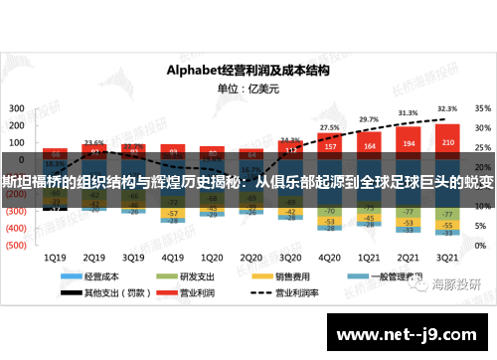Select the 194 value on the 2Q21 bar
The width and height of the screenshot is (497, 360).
pos(409,145)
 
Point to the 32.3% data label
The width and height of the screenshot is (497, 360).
pos(447,109)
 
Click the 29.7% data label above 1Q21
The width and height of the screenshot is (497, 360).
pos(369,119)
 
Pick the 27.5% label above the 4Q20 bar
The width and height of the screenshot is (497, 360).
pos(330,127)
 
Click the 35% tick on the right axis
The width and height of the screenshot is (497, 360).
pos(482,107)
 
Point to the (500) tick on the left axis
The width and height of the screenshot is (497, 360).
pos(17,244)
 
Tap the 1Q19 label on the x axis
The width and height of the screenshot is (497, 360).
pos(56,256)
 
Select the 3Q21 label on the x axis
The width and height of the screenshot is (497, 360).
pos(447,256)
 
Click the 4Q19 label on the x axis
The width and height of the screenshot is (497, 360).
pos(173,256)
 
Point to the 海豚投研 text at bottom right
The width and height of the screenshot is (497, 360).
pos(457,284)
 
